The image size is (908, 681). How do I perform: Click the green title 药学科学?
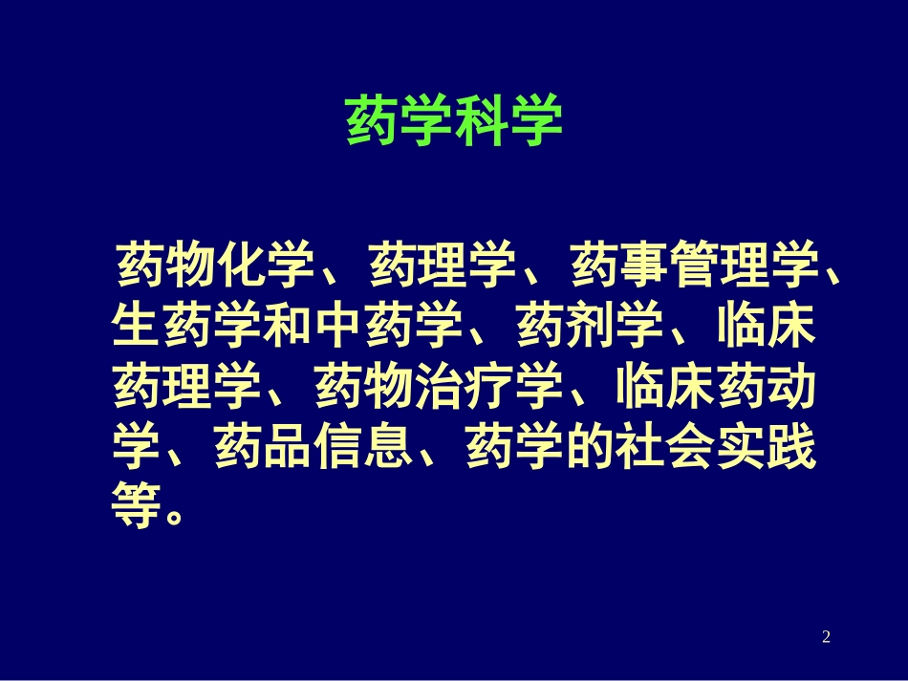tap(453, 119)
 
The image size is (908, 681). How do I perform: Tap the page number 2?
tap(826, 636)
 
